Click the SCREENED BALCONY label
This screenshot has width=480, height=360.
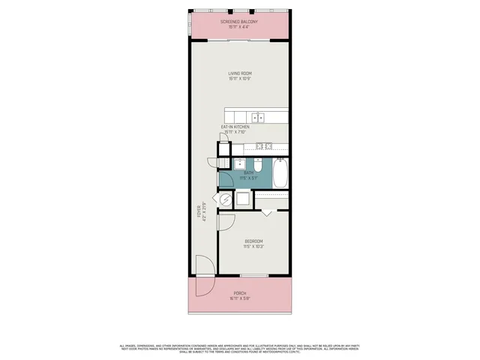click(239, 22)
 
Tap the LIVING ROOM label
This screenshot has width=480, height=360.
click(239, 73)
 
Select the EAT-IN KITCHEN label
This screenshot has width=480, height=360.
click(235, 127)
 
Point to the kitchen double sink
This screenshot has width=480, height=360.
click(258, 117)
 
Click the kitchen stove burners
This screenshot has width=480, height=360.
click(262, 145)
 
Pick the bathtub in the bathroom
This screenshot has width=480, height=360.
click(279, 174)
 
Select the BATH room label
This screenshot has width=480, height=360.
click(248, 173)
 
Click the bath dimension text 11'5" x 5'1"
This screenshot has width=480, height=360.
click(248, 178)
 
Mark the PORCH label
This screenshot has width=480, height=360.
click(239, 292)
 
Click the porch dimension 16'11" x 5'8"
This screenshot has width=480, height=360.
click(239, 298)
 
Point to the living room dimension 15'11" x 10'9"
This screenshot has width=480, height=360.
click(239, 78)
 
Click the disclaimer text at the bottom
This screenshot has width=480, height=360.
click(239, 348)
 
